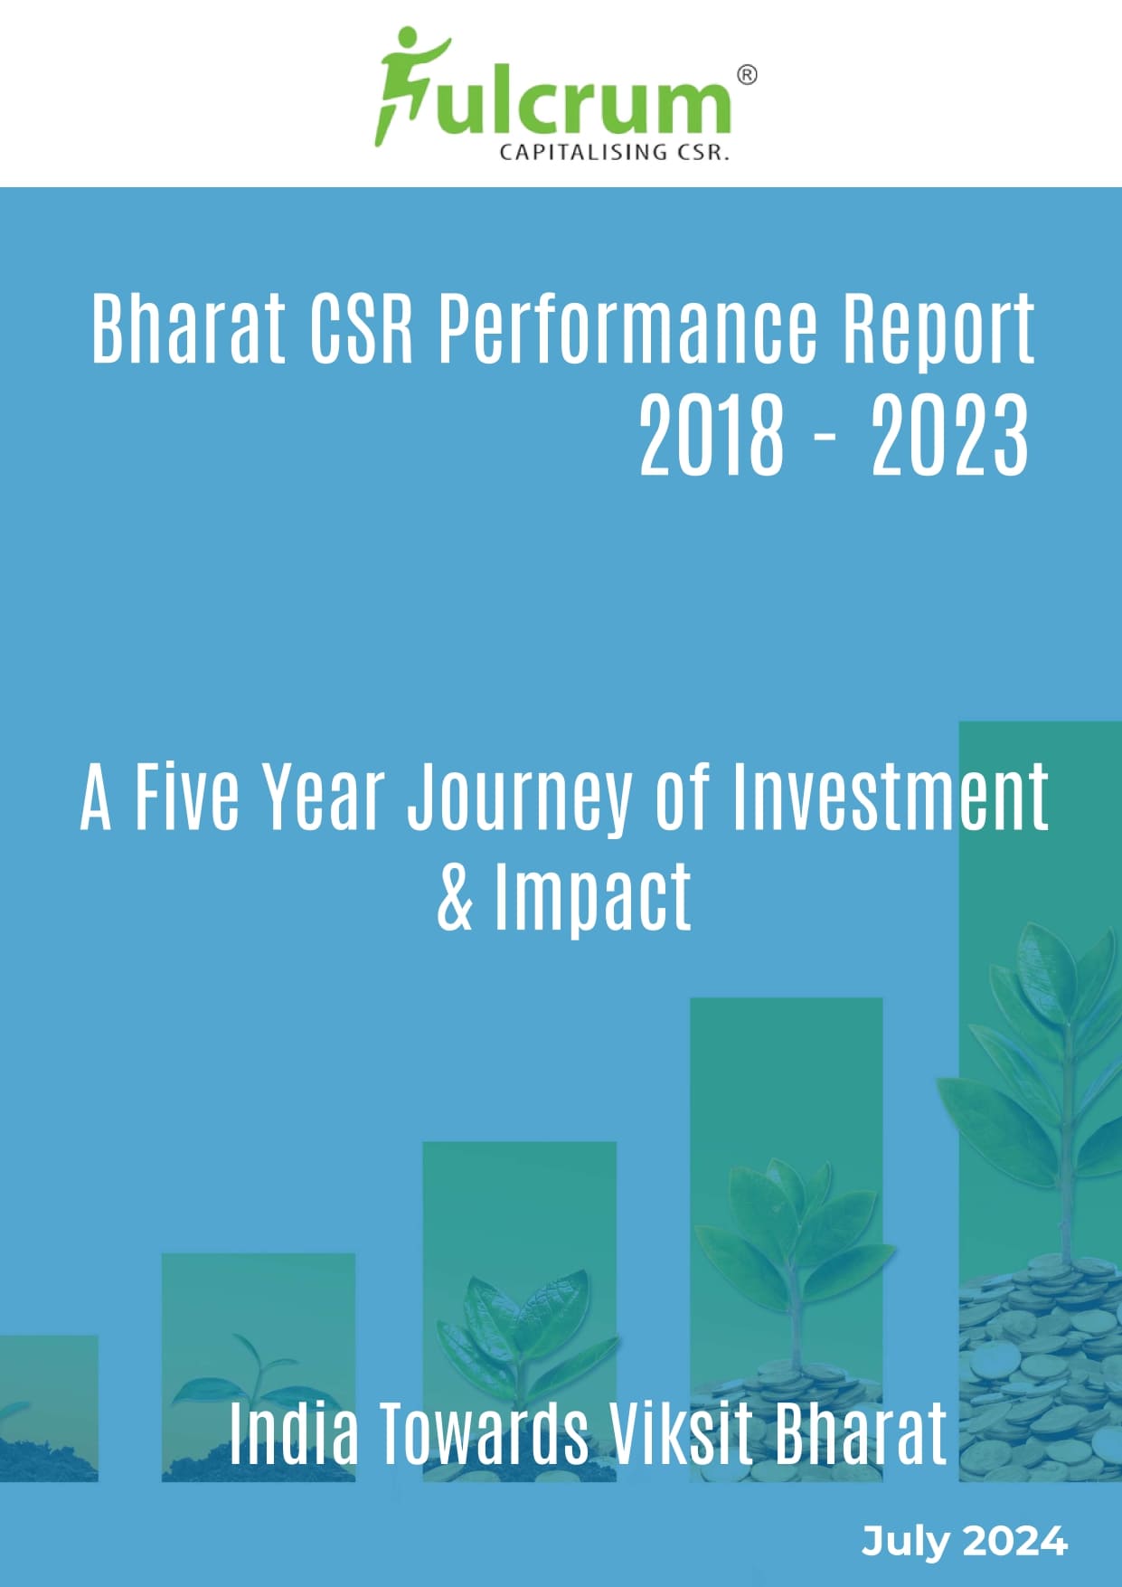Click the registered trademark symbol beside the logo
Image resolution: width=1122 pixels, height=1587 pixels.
pyautogui.click(x=747, y=75)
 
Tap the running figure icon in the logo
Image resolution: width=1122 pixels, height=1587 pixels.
pyautogui.click(x=412, y=85)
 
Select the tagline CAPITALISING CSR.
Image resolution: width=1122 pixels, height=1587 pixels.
pyautogui.click(x=614, y=152)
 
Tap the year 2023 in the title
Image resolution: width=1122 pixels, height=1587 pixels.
pyautogui.click(x=950, y=437)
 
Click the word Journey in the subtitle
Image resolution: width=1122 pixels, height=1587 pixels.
pyautogui.click(x=519, y=796)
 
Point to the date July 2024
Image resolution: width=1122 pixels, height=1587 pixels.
pyautogui.click(x=965, y=1541)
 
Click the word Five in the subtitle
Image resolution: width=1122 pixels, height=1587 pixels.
pyautogui.click(x=187, y=796)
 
